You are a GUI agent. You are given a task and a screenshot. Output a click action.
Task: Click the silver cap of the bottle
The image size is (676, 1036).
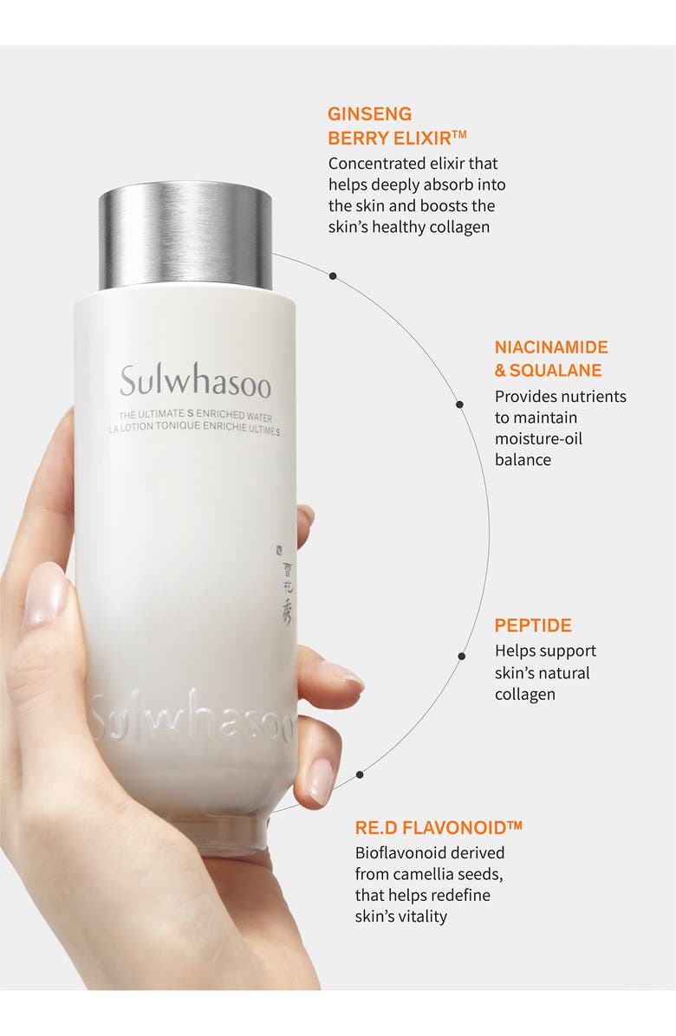185,235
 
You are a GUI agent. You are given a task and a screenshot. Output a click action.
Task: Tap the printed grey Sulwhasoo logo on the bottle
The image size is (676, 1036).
195,383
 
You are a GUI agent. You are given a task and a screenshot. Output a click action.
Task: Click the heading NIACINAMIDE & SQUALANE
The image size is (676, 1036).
551,359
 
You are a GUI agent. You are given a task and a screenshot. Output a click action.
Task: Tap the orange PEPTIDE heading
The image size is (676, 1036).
533,625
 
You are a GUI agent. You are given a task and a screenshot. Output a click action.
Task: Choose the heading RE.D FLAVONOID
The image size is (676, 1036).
439,826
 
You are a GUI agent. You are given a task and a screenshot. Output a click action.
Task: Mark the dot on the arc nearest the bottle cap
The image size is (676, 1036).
332,275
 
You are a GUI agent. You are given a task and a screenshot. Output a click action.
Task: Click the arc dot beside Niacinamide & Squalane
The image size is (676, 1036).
460,404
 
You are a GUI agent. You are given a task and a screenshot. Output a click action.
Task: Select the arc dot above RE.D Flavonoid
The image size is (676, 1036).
360,774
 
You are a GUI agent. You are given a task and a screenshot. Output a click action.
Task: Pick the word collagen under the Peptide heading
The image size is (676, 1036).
525,695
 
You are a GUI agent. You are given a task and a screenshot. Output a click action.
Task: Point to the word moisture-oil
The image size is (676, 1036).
538,438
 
